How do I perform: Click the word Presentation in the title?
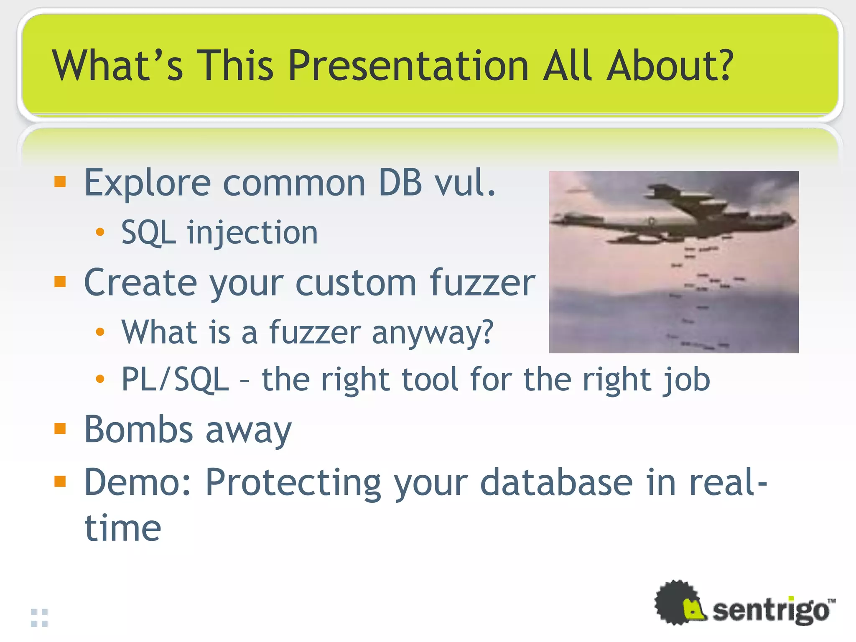(x=408, y=66)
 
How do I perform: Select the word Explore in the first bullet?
(x=147, y=183)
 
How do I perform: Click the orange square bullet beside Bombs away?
(x=60, y=428)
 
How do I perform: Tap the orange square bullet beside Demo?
(x=60, y=481)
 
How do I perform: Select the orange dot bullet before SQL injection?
(x=99, y=232)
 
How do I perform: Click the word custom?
(x=356, y=283)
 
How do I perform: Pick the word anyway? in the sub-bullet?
(x=432, y=333)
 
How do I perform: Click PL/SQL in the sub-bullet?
(x=175, y=380)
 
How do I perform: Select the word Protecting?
(x=293, y=483)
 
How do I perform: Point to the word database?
(x=556, y=483)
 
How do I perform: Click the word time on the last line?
(x=122, y=528)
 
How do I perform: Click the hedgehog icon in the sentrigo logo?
(x=679, y=603)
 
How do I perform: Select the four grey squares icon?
(x=40, y=618)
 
